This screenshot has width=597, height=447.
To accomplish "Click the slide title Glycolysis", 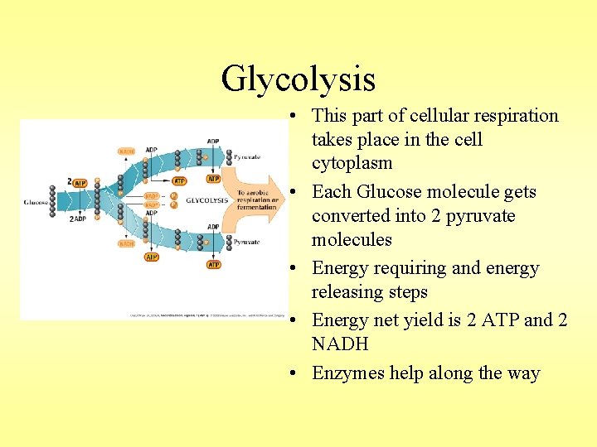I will (298, 79).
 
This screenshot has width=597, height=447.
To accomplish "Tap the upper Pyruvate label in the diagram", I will (247, 156).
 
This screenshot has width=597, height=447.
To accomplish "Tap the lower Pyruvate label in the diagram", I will (247, 242).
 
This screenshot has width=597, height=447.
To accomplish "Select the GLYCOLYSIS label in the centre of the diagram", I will (206, 200).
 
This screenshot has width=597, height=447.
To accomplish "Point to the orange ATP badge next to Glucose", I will (80, 183).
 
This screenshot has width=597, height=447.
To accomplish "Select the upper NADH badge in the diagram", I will (127, 151).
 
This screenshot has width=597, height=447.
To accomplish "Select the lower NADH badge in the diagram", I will (127, 244).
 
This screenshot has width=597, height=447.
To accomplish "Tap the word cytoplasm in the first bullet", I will (352, 163).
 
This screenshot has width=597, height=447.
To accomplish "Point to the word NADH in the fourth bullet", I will (340, 344).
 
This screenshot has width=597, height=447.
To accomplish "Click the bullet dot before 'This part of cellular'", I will (295, 116).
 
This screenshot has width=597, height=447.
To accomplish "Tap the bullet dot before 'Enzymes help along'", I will (295, 374).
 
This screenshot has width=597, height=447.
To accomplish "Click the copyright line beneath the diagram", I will (207, 315).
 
